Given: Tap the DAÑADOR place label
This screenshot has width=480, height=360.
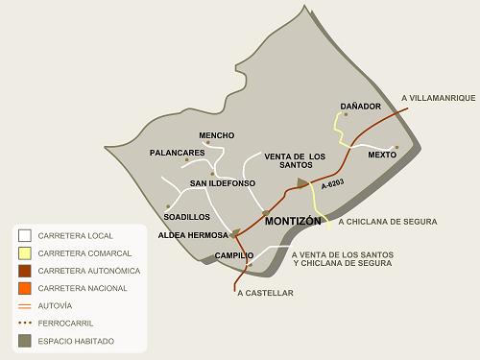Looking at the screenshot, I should tap(361, 106).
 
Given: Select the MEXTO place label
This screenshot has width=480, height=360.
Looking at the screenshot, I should tap(382, 155).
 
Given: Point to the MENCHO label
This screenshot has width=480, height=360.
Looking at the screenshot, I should tap(216, 135).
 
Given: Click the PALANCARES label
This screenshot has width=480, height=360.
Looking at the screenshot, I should tap(178, 153).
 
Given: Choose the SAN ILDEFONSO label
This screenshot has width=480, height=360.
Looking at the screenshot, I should tap(223, 182).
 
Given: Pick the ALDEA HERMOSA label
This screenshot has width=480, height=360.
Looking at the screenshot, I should tap(193, 235).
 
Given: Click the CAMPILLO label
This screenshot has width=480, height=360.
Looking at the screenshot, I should tap(234, 255).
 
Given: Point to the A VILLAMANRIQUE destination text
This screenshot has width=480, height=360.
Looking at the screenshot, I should tap(438, 98).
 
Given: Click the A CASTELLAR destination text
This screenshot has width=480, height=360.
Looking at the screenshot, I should tap(265, 293).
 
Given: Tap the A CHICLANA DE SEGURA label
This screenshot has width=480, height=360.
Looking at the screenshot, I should tap(388, 222).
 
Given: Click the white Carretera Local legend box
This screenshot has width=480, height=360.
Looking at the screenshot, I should tap(25, 235).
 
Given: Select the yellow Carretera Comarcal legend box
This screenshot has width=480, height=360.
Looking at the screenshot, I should tap(25, 253).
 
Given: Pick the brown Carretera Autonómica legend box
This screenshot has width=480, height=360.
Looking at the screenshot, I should tap(25, 271).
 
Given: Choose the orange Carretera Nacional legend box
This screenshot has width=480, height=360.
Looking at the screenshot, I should tap(25, 288).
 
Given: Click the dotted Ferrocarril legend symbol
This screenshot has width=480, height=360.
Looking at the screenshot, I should tap(25, 323).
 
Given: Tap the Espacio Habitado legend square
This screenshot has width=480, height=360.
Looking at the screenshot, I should tap(25, 340).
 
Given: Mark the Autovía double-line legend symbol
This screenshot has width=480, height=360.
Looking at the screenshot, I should tap(25, 305).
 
